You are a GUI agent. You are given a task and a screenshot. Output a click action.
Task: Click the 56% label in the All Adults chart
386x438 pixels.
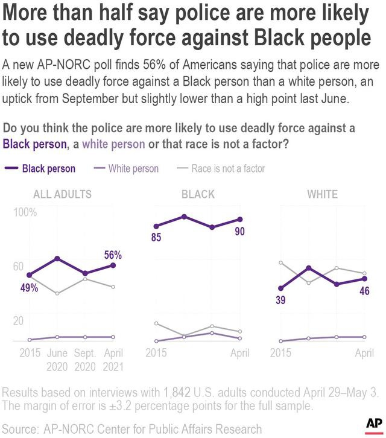pyautogui.click(x=113, y=255)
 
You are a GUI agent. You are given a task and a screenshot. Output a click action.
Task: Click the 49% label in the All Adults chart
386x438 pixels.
pyautogui.click(x=28, y=288)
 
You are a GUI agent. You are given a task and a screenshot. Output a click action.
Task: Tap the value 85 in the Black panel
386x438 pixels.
pyautogui.click(x=156, y=238)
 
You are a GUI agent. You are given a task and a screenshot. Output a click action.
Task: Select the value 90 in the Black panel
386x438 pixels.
pyautogui.click(x=239, y=232)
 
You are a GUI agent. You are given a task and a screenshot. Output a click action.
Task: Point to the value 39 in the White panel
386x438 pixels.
pyautogui.click(x=280, y=300)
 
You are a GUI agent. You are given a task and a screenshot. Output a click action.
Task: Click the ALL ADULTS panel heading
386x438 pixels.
pyautogui.click(x=63, y=194)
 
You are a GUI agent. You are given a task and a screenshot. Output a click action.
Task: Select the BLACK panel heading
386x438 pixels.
pyautogui.click(x=198, y=194)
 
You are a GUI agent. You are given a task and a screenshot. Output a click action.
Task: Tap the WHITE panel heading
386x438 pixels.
pyautogui.click(x=322, y=194)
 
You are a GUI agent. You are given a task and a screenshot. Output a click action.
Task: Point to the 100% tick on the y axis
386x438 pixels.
pyautogui.click(x=26, y=213)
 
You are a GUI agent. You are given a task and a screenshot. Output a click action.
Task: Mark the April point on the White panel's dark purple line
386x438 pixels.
pyautogui.click(x=364, y=279)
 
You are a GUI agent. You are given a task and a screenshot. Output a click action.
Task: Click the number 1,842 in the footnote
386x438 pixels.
pyautogui.click(x=176, y=392)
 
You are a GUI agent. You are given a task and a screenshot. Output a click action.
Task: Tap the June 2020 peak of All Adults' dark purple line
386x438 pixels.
pyautogui.click(x=57, y=258)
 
